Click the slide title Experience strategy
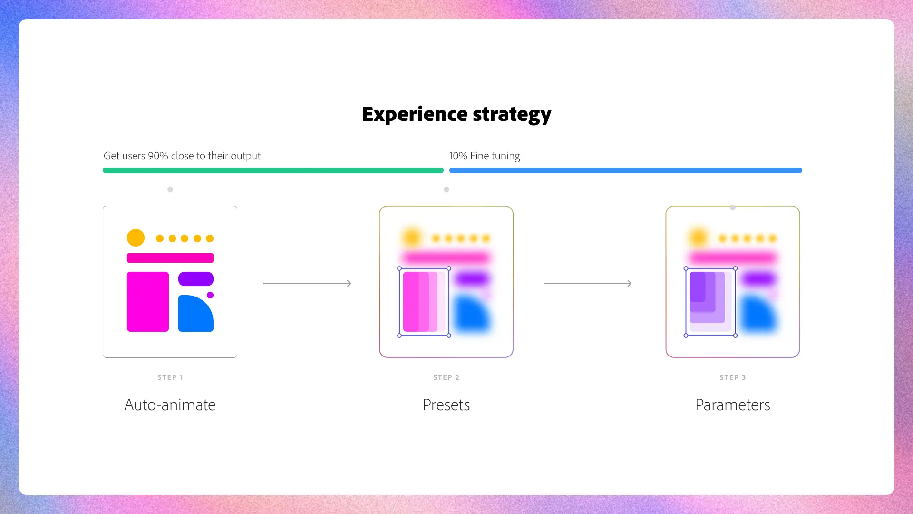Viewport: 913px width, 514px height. click(456, 114)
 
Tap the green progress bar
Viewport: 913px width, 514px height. click(273, 170)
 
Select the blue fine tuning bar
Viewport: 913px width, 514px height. click(625, 170)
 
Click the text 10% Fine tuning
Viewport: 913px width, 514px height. click(484, 156)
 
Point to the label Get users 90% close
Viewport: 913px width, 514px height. click(182, 156)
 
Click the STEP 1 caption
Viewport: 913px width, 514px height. click(170, 377)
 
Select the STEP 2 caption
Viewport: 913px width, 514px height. click(446, 377)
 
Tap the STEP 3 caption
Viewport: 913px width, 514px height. click(732, 377)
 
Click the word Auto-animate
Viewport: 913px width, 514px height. click(170, 405)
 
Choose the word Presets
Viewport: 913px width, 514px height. click(446, 405)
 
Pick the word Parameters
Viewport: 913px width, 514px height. click(732, 405)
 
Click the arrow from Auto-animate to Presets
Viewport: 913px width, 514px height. click(307, 283)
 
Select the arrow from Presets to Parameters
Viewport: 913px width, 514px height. click(588, 283)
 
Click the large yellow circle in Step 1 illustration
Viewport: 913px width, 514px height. click(136, 237)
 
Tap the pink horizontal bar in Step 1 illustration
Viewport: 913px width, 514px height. click(170, 258)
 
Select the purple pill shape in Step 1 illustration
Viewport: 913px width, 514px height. click(195, 279)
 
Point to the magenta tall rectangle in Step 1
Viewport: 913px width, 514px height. click(147, 302)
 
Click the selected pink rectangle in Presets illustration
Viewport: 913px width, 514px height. click(420, 302)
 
